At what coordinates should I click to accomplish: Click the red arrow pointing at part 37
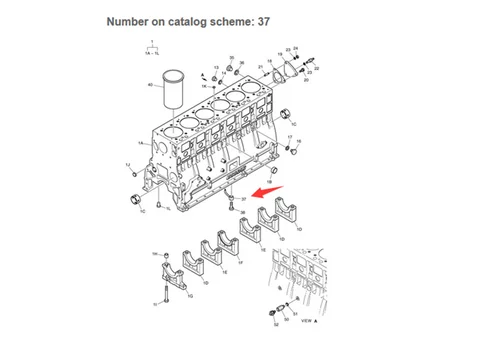(x=268, y=191)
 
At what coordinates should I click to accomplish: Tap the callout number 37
(x=243, y=200)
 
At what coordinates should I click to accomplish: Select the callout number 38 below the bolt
(x=242, y=213)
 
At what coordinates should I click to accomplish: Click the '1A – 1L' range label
(x=153, y=55)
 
